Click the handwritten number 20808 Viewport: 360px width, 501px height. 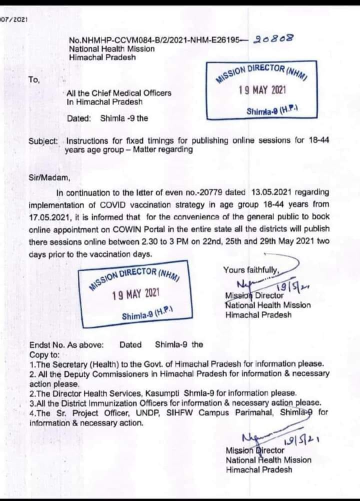click(273, 39)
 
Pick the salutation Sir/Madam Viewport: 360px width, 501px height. click(48, 177)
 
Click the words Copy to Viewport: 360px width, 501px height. click(44, 354)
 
